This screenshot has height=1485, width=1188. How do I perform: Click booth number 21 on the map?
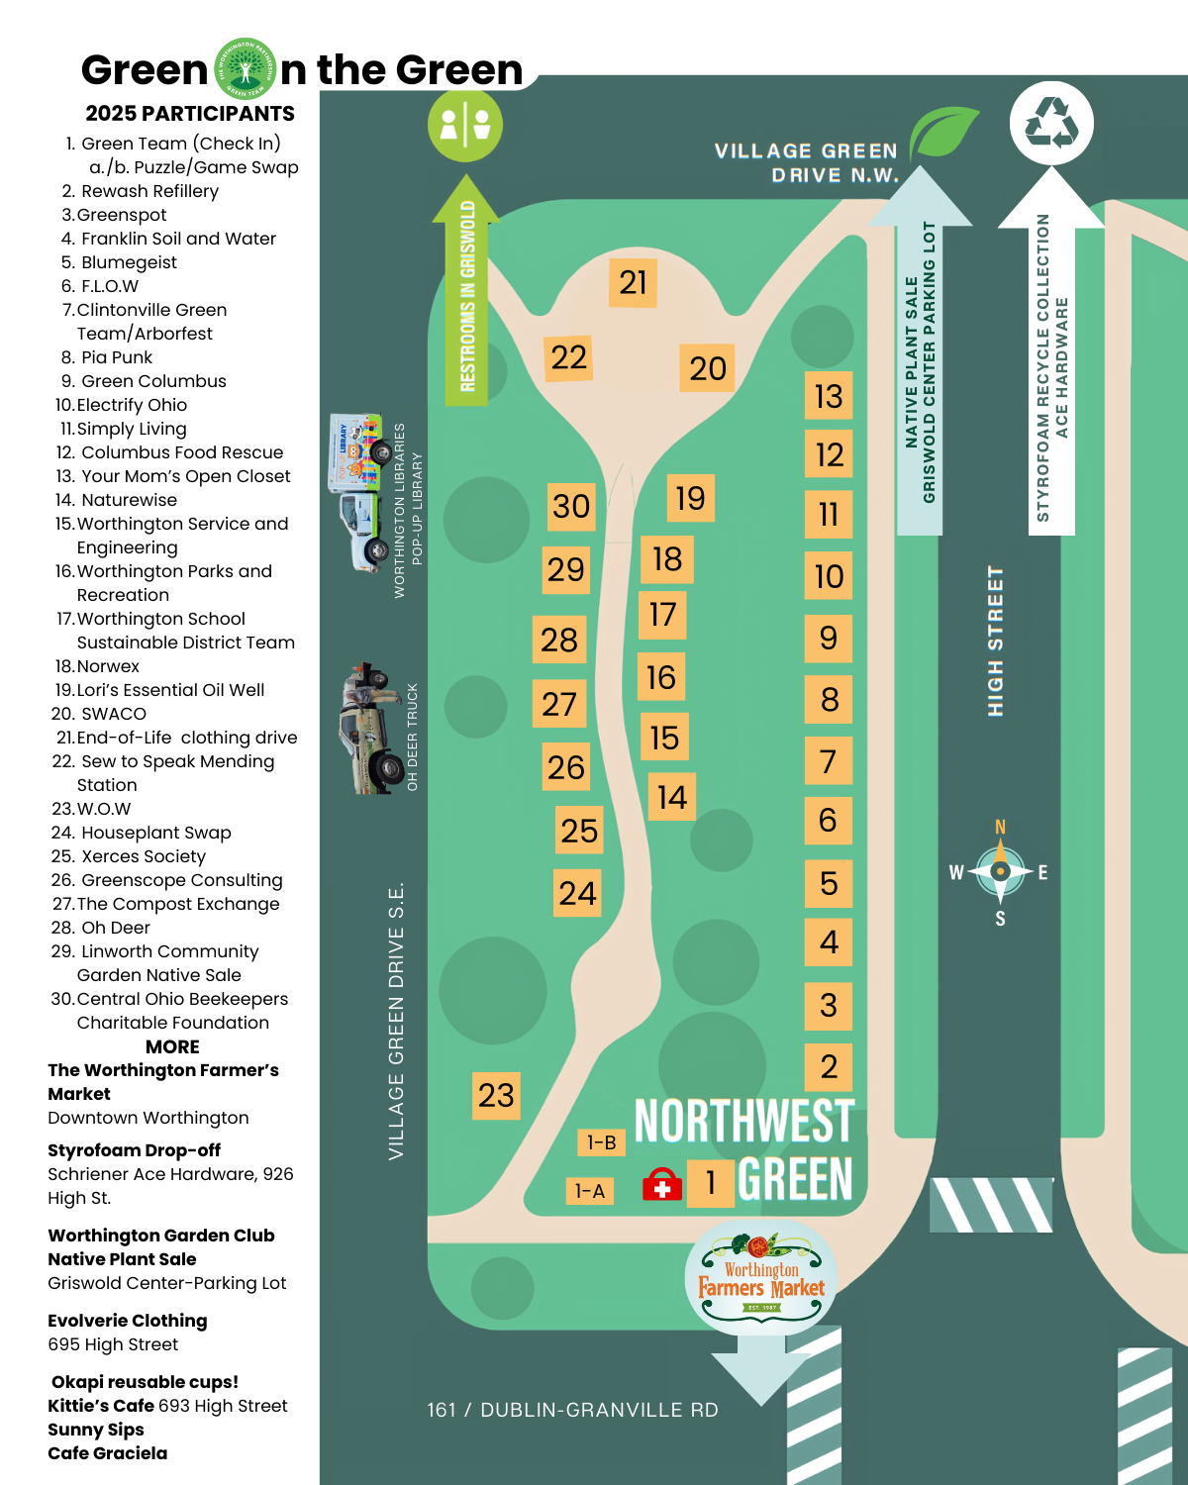[x=633, y=282]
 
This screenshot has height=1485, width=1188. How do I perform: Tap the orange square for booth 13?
[x=829, y=396]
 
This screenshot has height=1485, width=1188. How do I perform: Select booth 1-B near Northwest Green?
[x=602, y=1142]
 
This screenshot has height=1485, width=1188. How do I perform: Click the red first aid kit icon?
[x=662, y=1184]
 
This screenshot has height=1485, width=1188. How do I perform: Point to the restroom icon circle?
[x=465, y=125]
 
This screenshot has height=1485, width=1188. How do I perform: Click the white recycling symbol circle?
[x=1051, y=123]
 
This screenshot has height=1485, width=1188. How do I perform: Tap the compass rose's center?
[x=1000, y=871]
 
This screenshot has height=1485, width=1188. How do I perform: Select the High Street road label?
[x=996, y=642]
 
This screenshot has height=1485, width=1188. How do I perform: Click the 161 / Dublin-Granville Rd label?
[x=572, y=1410]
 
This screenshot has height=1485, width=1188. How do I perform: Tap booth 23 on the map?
[x=496, y=1095]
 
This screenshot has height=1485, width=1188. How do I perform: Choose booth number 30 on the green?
[x=571, y=506]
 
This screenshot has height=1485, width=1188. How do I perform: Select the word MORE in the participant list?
[x=172, y=1046]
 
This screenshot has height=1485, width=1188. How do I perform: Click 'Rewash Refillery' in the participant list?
[x=149, y=191]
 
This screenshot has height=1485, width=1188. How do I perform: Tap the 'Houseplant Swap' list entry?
[x=155, y=833]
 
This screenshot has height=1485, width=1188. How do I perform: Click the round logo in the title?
[x=245, y=69]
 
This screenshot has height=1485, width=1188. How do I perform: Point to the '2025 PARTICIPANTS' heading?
[x=190, y=114]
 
